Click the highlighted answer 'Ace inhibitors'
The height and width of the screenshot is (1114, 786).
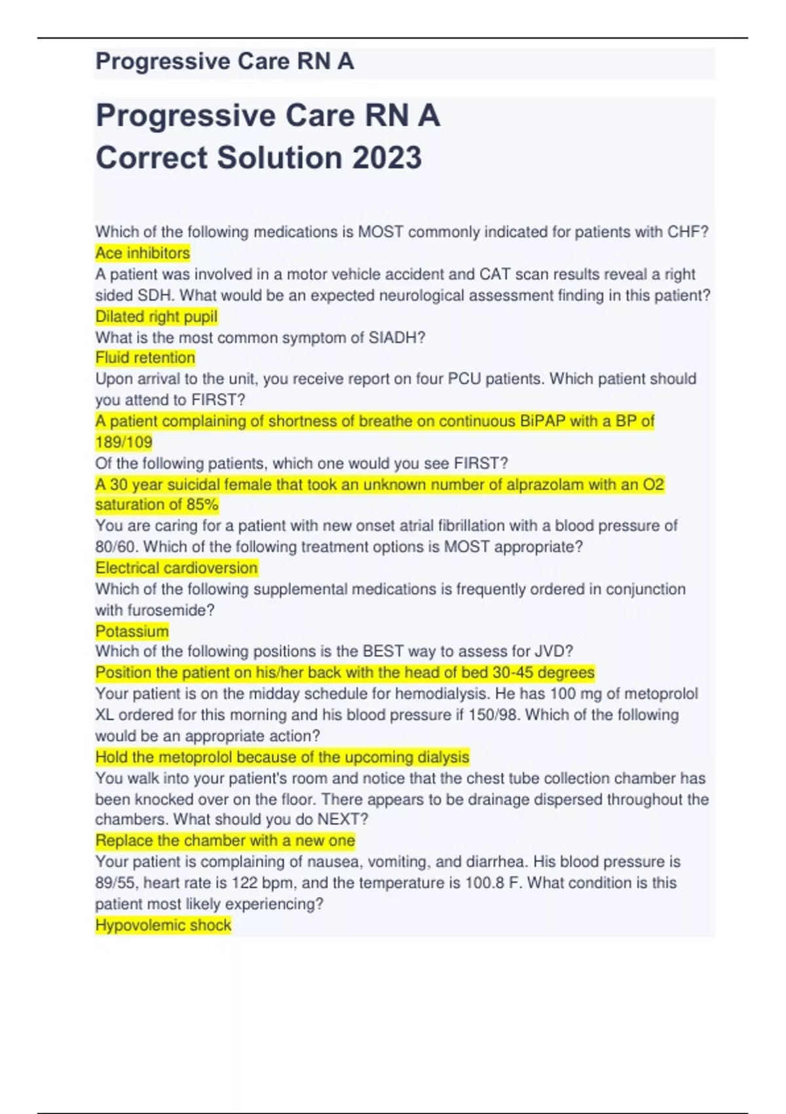pos(143,253)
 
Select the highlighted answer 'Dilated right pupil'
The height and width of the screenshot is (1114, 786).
pos(157,317)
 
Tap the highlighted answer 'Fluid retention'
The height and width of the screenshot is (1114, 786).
pos(145,358)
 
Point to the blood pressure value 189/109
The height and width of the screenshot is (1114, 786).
pos(124,442)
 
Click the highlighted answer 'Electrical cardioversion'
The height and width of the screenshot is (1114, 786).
pos(177,568)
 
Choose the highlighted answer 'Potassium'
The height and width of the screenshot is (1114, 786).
pos(132,631)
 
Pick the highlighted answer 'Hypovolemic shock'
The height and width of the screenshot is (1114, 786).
pos(163,925)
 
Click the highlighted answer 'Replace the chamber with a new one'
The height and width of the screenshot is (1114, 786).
pos(225,841)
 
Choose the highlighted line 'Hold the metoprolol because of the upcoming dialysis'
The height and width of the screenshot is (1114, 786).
pos(282,758)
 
